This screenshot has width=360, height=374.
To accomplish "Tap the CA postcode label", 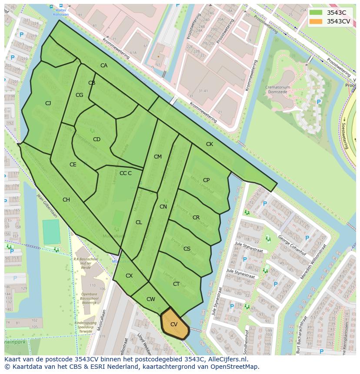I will pos(104,66).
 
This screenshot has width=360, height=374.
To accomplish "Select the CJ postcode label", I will pos(48,103).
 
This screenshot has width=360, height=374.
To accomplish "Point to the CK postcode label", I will pos(210,144).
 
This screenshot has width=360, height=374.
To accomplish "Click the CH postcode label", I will pos(66,200).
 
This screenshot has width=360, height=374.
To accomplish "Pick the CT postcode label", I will pos(176,284).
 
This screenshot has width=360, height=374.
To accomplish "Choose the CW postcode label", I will pos(150,299).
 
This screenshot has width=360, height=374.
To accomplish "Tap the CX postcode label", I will pos(129,276).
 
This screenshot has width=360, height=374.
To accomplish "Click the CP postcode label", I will pos(206,180).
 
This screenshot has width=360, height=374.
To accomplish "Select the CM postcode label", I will pos(157,157).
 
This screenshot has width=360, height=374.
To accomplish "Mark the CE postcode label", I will pos(73,165).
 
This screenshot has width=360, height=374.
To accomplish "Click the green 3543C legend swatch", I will pos(316,13).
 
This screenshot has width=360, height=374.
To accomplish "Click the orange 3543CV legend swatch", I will pos(316,21).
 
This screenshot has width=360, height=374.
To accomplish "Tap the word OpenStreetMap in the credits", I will pos(235,367).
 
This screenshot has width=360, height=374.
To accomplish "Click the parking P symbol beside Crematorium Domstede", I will pos(319,102).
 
